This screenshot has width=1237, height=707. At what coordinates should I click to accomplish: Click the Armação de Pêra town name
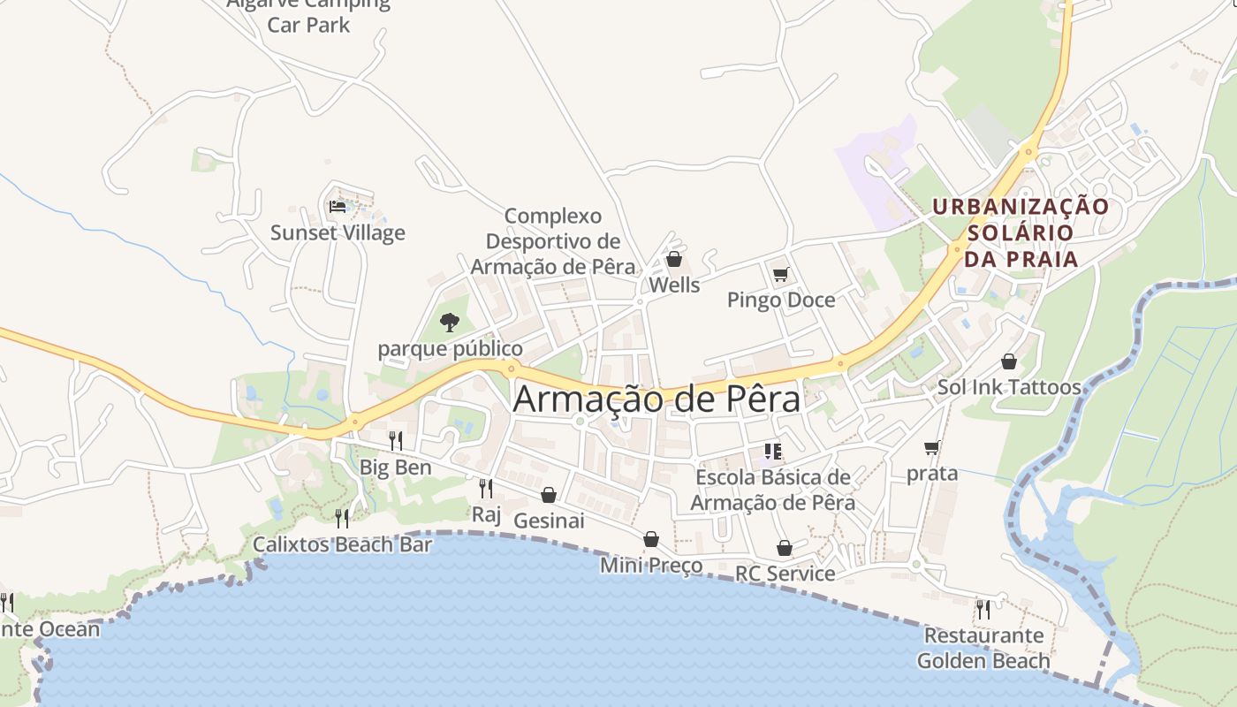pos(656,399)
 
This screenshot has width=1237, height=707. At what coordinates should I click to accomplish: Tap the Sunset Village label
pos(338,233)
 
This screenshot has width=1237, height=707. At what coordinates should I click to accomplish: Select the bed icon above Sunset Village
pos(338,207)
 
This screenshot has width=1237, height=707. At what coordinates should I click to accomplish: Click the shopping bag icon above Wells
pos(674,259)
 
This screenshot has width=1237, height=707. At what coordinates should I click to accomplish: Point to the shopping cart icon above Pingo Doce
pos(780,275)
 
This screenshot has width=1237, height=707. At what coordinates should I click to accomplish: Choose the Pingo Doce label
pos(780,300)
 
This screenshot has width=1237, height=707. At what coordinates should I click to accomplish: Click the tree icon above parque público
pos(450,323)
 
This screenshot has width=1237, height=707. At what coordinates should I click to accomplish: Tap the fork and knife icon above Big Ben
pos(396,439)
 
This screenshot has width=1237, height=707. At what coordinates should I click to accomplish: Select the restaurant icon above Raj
pos(485,488)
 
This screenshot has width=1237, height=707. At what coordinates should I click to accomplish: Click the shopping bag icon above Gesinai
pos(549,495)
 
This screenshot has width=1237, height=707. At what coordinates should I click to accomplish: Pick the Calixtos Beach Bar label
pos(343,544)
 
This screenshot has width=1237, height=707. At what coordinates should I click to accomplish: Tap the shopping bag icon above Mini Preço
pos(651,539)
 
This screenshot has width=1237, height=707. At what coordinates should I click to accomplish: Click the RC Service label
pos(785,574)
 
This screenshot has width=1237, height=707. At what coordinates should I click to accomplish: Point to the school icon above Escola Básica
pos(773,452)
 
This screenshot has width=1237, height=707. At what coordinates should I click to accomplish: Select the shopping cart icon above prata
pos(931,447)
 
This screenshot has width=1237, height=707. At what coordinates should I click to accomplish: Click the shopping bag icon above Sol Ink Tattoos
pos(1009,361)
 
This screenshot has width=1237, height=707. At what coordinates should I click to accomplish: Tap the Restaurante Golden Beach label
pos(983,648)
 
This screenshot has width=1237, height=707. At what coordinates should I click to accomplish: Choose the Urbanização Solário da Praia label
pos(1021,232)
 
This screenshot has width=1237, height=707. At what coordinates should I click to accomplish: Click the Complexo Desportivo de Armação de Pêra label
pos(552,241)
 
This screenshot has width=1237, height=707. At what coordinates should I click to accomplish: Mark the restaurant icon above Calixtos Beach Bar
pos(342,518)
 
